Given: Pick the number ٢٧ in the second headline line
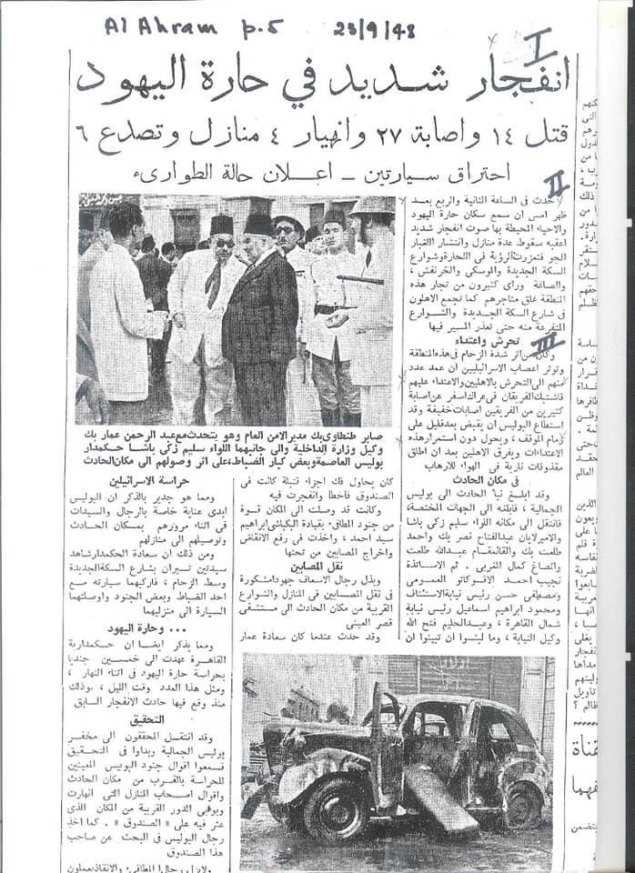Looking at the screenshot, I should (368, 135).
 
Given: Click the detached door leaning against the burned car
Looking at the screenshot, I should (436, 799).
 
